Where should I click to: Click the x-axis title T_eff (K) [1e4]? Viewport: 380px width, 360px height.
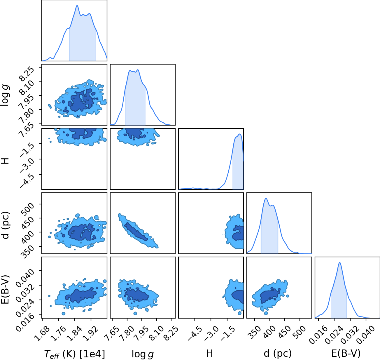tap(75, 354)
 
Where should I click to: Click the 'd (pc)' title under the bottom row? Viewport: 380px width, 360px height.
tap(278, 353)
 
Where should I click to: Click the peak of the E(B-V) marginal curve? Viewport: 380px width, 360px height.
tap(339, 263)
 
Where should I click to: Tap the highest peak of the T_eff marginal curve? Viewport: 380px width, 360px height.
tap(77, 6)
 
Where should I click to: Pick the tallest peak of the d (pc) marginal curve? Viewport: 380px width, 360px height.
tap(266, 198)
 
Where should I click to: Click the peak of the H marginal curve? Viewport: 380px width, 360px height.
tap(240, 134)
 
